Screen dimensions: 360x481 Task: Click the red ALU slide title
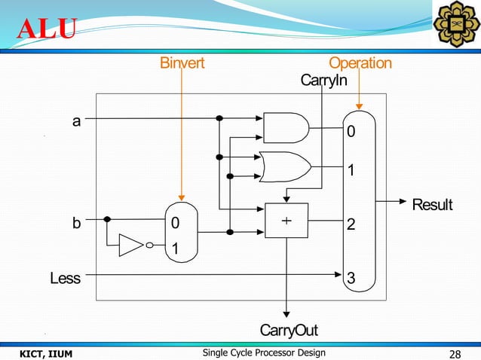[x=47, y=29]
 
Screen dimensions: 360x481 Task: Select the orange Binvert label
[x=182, y=63]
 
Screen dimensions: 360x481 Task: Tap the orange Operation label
[x=360, y=63]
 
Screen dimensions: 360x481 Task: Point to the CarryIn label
[x=323, y=80]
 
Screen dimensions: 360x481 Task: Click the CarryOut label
[x=288, y=331]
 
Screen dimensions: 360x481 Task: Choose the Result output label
[x=431, y=204]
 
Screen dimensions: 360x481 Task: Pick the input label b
[x=76, y=224]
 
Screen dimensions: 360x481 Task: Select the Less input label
[x=65, y=279]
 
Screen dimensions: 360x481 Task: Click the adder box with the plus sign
[x=286, y=221]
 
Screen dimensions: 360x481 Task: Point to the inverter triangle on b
[x=131, y=245]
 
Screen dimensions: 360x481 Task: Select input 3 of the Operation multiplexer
[x=351, y=279]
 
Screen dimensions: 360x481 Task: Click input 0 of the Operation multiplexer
[x=351, y=133]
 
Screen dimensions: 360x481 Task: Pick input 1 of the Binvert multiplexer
[x=176, y=249]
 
